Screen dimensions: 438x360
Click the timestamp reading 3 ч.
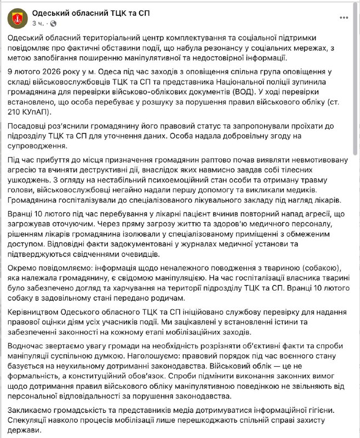[39, 24]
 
